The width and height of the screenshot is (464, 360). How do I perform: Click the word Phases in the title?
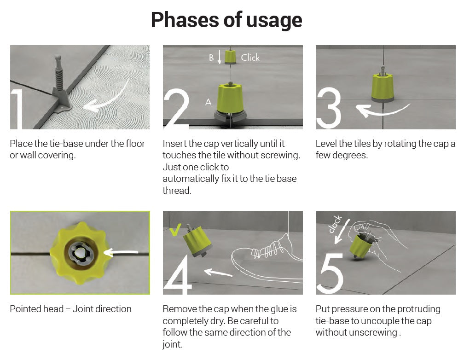click(x=185, y=20)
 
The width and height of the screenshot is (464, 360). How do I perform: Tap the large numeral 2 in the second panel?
click(x=176, y=109)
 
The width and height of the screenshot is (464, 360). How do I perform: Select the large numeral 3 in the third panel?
click(x=329, y=108)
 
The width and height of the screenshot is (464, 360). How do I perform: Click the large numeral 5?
click(x=330, y=274)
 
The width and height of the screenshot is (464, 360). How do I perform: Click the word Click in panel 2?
click(x=250, y=58)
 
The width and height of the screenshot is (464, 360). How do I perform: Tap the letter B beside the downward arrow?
click(x=211, y=58)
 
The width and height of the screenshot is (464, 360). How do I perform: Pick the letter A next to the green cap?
click(x=209, y=103)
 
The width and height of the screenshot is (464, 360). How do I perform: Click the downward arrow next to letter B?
click(x=219, y=57)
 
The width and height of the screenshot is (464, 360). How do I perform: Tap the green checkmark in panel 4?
click(x=175, y=229)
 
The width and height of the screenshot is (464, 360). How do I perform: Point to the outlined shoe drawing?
click(x=267, y=257)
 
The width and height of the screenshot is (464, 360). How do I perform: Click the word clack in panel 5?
click(x=335, y=224)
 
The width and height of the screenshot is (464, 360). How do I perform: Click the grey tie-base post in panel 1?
click(x=59, y=80)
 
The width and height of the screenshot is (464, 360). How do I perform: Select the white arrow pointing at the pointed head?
click(x=121, y=253)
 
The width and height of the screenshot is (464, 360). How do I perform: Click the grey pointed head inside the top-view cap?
click(x=79, y=253)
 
